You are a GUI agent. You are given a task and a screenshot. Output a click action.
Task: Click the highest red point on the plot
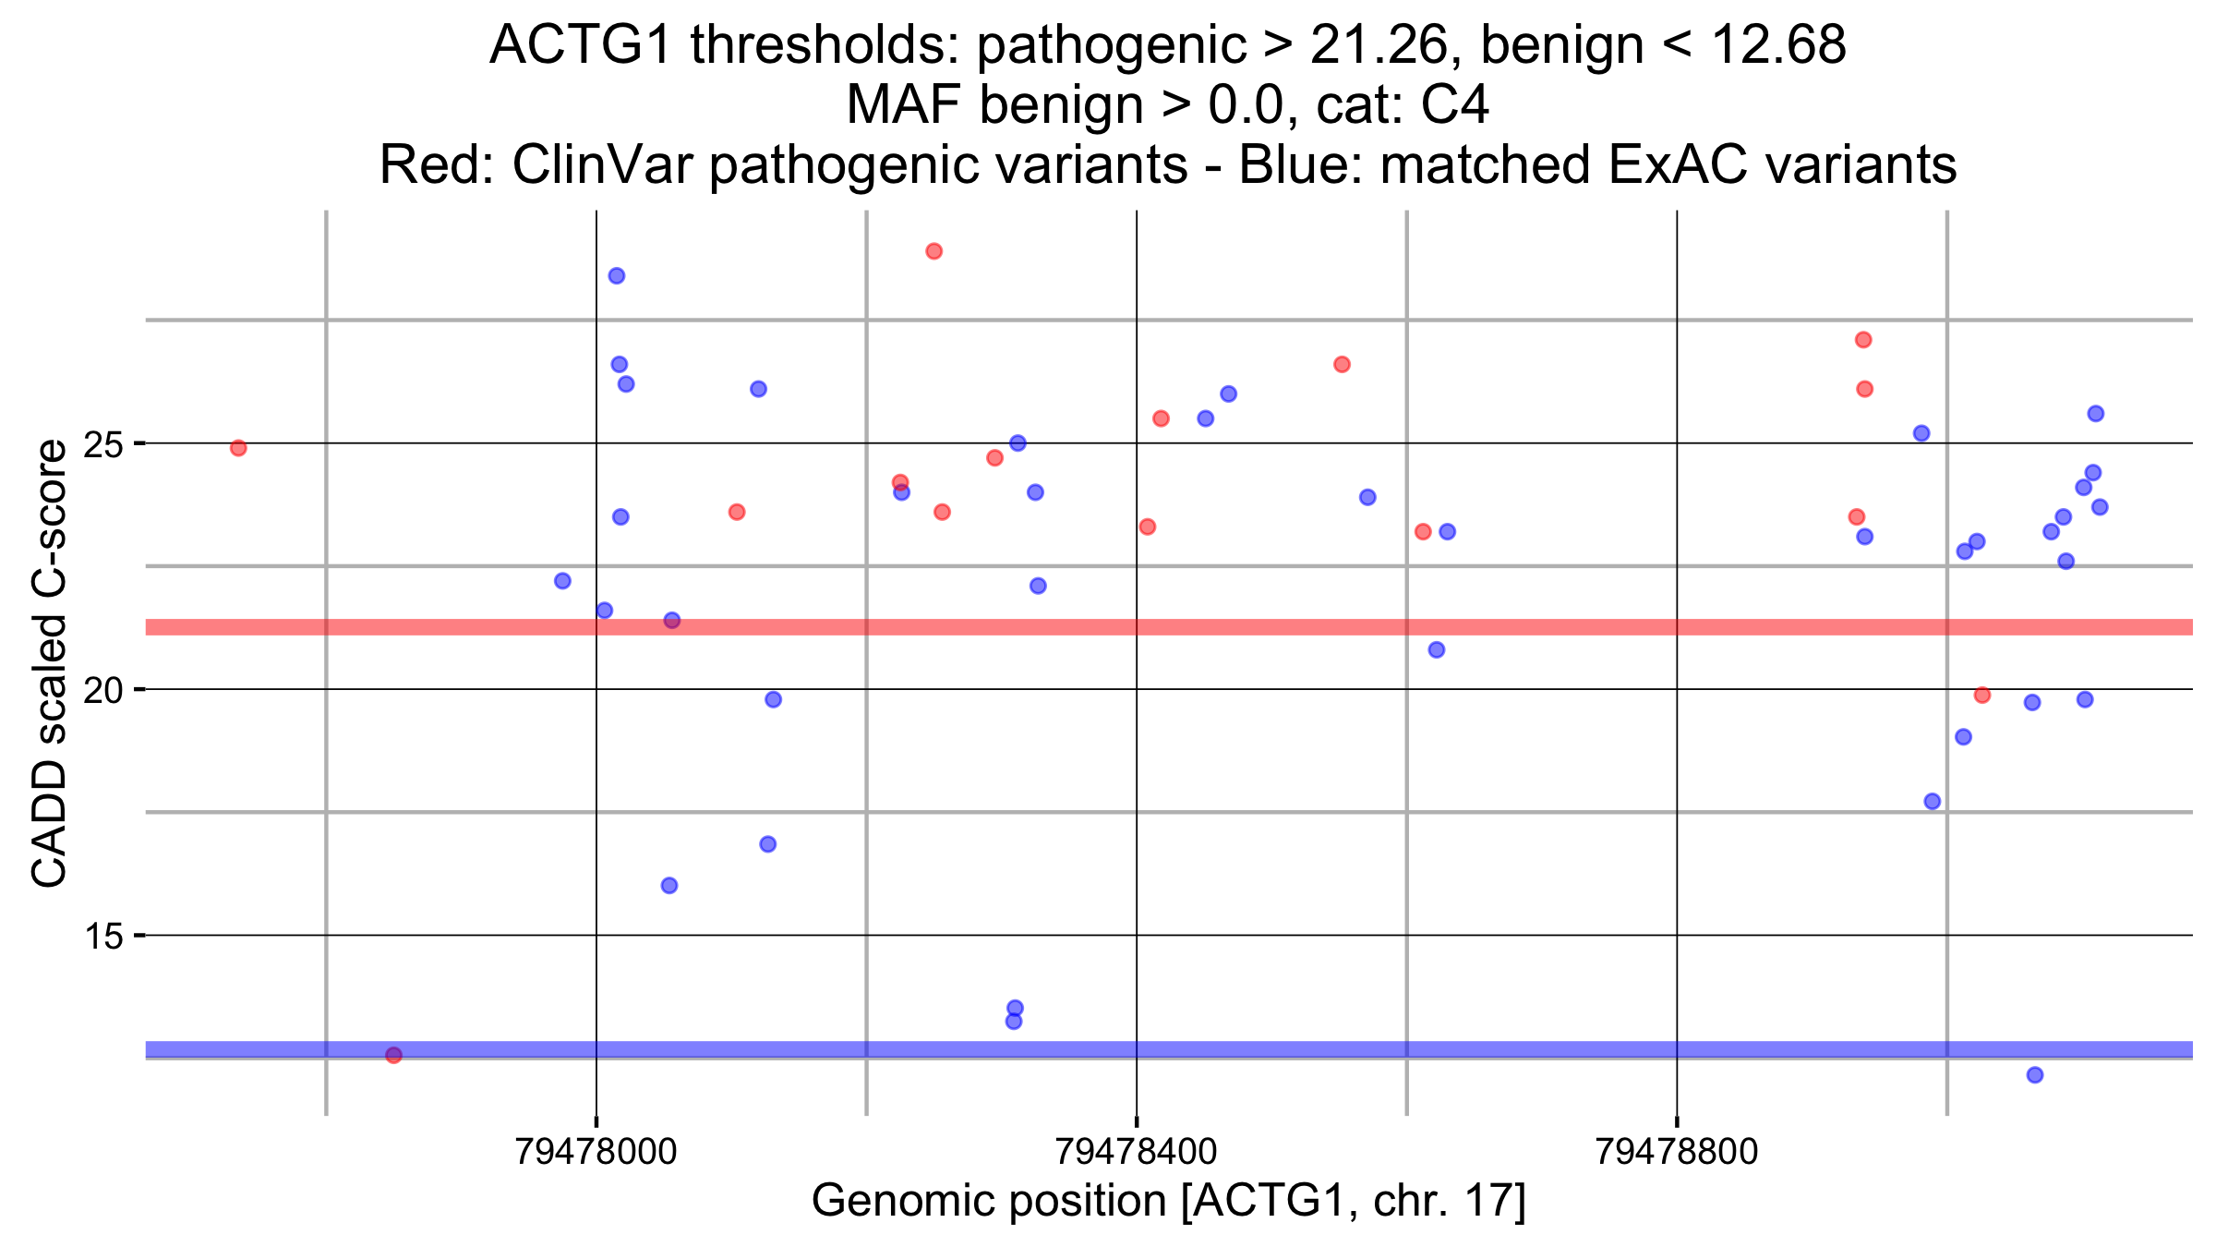coord(933,251)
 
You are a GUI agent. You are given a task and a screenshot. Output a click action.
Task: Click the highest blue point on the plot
coord(617,276)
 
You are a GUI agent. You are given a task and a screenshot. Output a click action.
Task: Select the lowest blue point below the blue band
coord(2034,1074)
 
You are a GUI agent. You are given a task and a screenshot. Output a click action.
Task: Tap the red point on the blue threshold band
coord(393,1055)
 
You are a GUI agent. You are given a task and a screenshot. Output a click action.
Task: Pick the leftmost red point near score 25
coord(238,448)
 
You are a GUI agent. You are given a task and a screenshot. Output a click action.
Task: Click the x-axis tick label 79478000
coord(596,1152)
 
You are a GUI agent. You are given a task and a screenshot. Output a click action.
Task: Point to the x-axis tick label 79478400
coord(1136,1152)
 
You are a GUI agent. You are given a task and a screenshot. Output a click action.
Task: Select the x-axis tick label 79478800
coord(1677,1152)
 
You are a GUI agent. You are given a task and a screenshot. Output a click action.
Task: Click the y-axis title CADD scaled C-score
coord(50,663)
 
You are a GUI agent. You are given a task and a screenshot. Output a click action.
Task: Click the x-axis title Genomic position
coord(1168,1201)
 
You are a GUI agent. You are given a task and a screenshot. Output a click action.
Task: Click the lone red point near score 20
coord(1981,695)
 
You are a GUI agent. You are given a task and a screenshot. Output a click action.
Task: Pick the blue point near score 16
coord(669,886)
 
